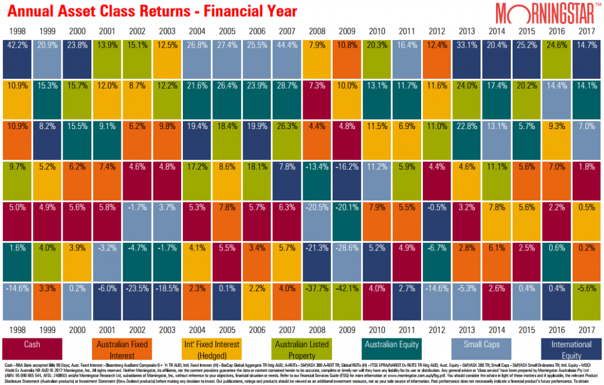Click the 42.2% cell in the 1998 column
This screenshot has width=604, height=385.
click(x=17, y=59)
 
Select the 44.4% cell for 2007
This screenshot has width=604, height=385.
click(x=287, y=59)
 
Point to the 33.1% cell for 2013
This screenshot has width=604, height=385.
click(x=467, y=59)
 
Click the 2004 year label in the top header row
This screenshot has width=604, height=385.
click(x=196, y=31)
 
